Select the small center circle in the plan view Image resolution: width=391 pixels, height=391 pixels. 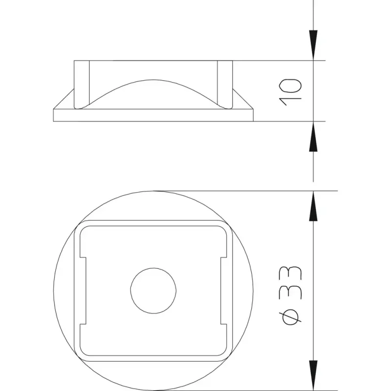153,290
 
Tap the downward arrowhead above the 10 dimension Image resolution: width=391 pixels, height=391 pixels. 313,45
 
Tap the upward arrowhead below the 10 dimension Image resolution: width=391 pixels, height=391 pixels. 313,136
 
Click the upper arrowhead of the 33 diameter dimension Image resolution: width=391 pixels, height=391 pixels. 313,206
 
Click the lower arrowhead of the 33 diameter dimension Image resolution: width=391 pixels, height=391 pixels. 313,375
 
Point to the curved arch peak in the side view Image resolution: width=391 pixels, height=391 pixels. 153,80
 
